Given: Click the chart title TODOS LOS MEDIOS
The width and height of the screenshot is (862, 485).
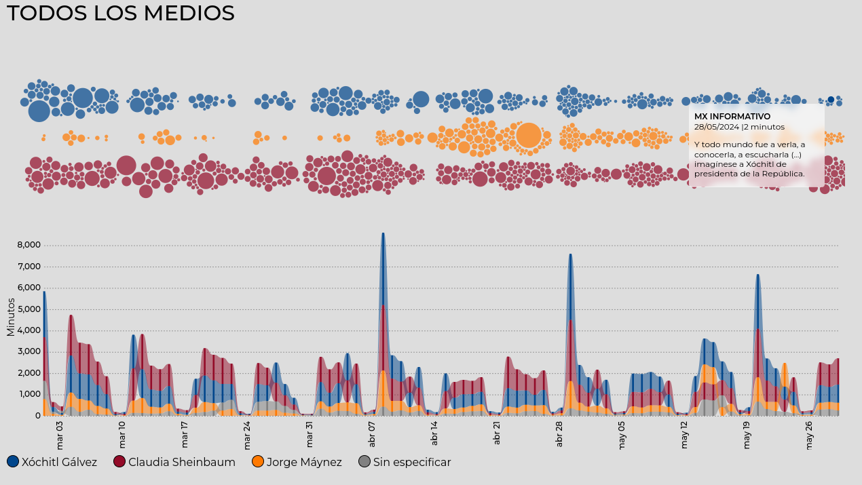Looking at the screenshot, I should coord(120,14).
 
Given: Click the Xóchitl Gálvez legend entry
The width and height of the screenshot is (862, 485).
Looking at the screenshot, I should coord(52,462).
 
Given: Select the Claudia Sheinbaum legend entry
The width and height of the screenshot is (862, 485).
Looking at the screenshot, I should coord(174,462).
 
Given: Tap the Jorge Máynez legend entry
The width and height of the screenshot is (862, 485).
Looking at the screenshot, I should coord(297,462).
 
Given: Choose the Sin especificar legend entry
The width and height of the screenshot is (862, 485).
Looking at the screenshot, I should coord(405,462).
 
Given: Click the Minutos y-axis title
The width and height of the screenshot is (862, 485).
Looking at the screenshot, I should coord(10,317).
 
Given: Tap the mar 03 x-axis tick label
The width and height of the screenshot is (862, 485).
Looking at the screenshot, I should coord(60,435).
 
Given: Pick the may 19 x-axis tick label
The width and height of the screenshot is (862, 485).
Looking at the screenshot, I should coord(747,435).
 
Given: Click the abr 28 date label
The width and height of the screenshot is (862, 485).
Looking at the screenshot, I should coord(560,434).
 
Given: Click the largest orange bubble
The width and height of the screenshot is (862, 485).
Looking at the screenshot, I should coord(528,135).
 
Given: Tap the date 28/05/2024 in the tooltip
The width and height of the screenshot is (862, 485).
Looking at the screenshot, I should coord(717,127).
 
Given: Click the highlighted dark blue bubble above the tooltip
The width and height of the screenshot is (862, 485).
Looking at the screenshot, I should coord(831,100).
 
